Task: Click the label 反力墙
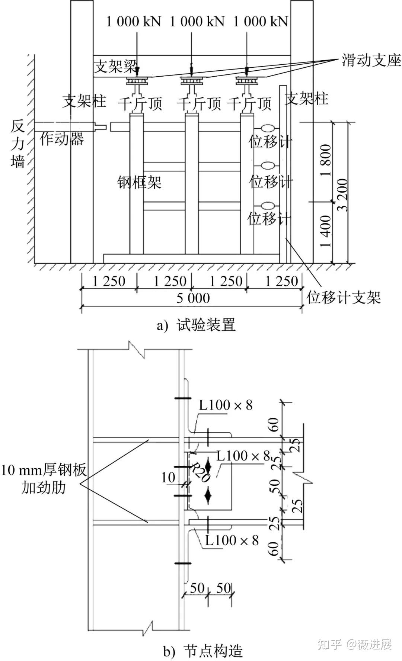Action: tap(17, 144)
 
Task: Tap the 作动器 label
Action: tap(62, 139)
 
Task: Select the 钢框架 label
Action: tap(139, 182)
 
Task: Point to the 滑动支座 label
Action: tap(371, 60)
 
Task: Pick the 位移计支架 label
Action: tap(343, 298)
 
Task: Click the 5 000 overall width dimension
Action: tap(193, 298)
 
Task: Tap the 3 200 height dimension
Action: tap(342, 195)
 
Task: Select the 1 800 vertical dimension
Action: tap(325, 160)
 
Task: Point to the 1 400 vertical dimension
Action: tap(325, 231)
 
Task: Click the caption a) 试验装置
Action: tap(196, 325)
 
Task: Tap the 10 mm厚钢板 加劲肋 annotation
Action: tap(44, 478)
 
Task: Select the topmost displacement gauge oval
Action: tap(268, 128)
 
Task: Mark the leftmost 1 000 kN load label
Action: tap(133, 21)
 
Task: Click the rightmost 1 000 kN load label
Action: tap(261, 21)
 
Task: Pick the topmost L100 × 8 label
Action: tap(226, 405)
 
